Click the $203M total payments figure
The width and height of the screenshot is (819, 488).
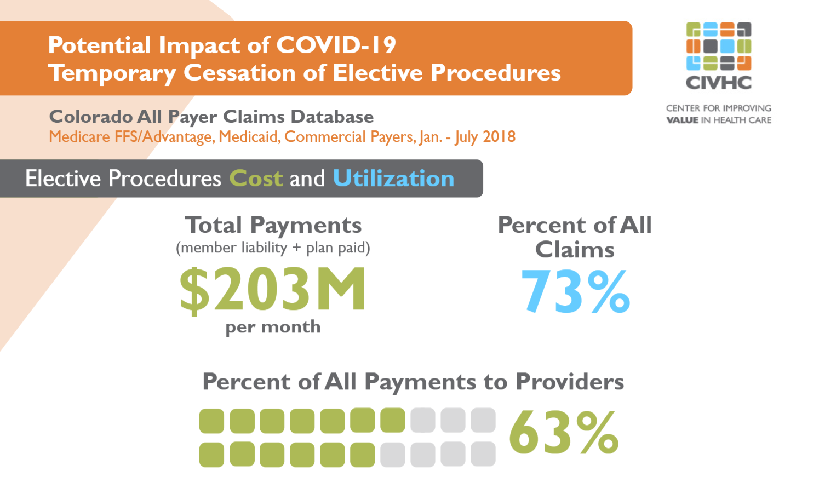click(x=272, y=289)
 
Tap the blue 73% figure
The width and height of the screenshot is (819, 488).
click(x=575, y=291)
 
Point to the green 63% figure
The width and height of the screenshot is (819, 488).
click(x=564, y=433)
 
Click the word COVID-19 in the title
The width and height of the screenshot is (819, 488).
click(x=336, y=45)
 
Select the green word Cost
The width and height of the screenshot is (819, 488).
click(x=256, y=179)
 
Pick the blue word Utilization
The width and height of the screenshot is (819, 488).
click(x=393, y=179)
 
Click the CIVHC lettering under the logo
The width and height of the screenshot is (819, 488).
click(x=718, y=83)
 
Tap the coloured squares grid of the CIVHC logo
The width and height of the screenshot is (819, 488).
click(x=718, y=47)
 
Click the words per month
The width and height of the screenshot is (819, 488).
click(x=273, y=327)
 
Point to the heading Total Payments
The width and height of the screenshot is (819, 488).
click(x=273, y=225)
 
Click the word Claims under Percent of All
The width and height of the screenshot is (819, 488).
click(x=575, y=250)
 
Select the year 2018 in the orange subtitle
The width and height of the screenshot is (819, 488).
click(x=499, y=136)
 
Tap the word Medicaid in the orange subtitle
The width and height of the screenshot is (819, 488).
click(x=249, y=136)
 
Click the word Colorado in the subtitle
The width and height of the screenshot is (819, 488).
click(x=91, y=117)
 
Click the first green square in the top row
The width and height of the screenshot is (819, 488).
click(x=211, y=421)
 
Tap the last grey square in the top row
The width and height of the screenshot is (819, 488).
click(x=483, y=420)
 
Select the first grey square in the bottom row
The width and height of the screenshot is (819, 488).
click(x=392, y=455)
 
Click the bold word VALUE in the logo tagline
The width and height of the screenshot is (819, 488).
click(x=682, y=120)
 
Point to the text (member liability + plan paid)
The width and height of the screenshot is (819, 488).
click(x=273, y=248)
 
